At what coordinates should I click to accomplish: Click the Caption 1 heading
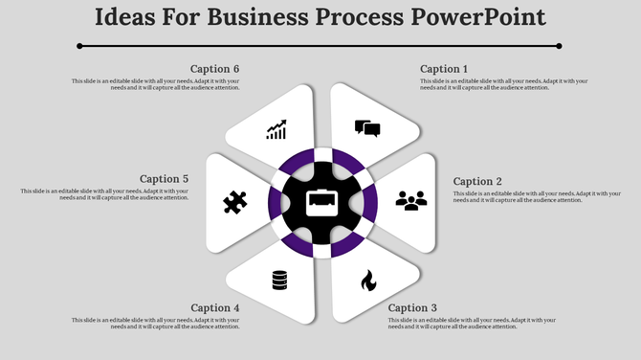[x=445, y=69]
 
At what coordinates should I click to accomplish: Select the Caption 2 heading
[x=477, y=181]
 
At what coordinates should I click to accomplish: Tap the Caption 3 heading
[x=413, y=307]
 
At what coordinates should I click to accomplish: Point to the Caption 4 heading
[x=215, y=307]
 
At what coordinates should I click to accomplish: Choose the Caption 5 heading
[x=164, y=178]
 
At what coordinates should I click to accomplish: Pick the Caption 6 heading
[x=215, y=69]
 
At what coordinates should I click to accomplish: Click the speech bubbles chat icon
[x=367, y=128]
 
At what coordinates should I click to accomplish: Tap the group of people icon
[x=411, y=201]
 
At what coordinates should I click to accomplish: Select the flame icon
[x=367, y=281]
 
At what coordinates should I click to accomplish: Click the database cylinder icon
[x=279, y=281]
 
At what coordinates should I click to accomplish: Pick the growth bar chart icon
[x=276, y=129]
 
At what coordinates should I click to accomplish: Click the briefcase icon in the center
[x=320, y=203]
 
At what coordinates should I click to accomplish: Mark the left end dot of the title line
[x=79, y=45]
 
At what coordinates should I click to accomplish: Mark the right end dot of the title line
[x=559, y=45]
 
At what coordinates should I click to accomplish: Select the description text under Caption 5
[x=105, y=194]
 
